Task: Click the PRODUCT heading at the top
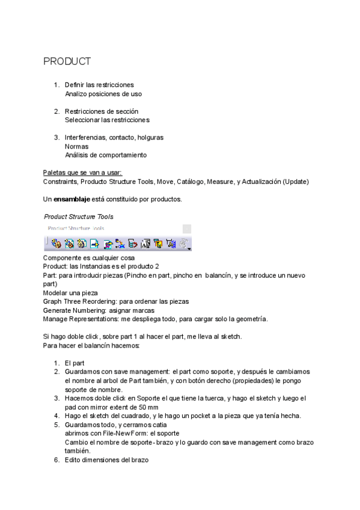[x=67, y=61]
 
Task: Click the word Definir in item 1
[x=75, y=85]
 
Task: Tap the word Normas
[x=76, y=146]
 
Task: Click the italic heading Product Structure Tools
[x=79, y=216]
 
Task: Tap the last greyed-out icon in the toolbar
[x=182, y=243]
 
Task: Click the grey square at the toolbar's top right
[x=187, y=229]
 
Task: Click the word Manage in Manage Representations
[x=56, y=318]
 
